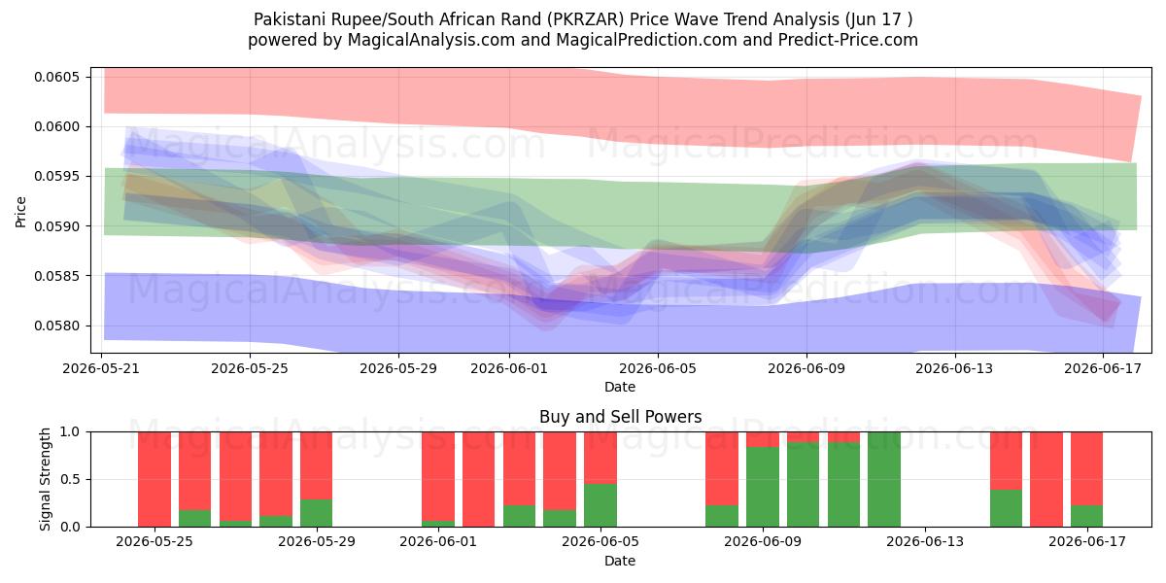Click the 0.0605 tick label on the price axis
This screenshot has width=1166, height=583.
pos(56,77)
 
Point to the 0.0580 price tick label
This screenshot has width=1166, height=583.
pos(56,326)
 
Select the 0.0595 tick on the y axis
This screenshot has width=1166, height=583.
pos(56,177)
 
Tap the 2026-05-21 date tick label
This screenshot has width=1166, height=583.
pos(101,368)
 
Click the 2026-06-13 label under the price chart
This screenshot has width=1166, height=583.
pos(954,368)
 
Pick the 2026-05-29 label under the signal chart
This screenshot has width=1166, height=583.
pos(317,541)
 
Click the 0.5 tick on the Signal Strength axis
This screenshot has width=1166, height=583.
pos(70,479)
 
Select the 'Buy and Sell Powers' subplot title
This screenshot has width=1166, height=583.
pos(621,417)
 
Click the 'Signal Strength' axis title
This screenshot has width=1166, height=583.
pos(46,479)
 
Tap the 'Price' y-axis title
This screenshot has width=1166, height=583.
pos(20,212)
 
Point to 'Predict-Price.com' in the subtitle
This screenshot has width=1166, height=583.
pos(848,40)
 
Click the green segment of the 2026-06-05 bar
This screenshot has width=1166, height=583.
pos(600,505)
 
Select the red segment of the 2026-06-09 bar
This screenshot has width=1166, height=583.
pos(763,439)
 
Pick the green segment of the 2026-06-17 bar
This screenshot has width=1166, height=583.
pos(1087,516)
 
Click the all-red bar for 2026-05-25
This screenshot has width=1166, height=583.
pos(154,479)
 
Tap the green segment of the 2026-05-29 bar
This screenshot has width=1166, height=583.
pos(317,513)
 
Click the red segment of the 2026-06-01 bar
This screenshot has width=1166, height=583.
pos(438,476)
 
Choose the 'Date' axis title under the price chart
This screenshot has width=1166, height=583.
pos(620,387)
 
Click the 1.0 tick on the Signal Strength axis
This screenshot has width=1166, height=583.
pos(70,432)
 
